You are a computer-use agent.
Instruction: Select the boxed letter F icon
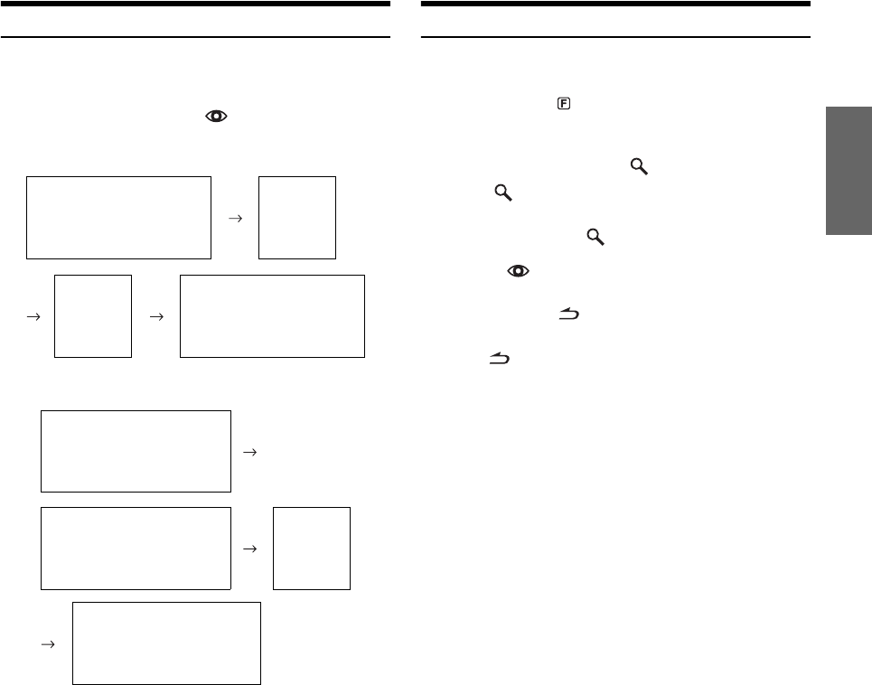tap(562, 105)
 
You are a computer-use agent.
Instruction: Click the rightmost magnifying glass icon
tap(638, 166)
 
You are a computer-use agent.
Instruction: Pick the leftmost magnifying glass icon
tap(502, 193)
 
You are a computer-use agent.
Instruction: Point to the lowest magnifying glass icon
tap(595, 237)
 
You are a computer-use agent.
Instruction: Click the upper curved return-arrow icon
tap(569, 314)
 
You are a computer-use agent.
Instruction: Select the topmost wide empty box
tap(118, 218)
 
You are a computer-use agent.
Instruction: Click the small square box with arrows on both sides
tap(93, 316)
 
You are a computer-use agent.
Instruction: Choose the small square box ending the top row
tap(296, 218)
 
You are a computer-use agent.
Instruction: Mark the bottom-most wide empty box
tap(166, 643)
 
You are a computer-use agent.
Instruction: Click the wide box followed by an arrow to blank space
tap(136, 451)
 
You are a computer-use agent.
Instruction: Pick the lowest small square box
tap(311, 549)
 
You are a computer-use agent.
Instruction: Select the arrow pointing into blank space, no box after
tap(250, 452)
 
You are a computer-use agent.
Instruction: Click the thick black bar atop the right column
tap(615, 4)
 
